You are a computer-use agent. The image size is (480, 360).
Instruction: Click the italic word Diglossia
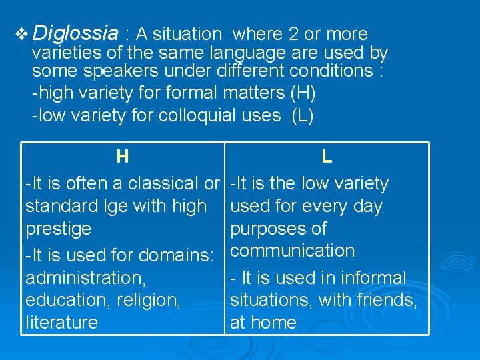75,33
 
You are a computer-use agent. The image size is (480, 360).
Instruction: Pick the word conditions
327,71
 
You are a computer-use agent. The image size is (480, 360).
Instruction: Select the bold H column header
122,157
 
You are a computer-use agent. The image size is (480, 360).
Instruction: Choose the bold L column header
327,157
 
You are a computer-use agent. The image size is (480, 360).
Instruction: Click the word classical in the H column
163,183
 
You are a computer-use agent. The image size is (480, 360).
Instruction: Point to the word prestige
58,229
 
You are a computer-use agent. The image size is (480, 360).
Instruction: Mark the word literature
61,323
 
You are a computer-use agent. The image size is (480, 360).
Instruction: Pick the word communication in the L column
292,251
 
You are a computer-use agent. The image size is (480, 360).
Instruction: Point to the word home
273,323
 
